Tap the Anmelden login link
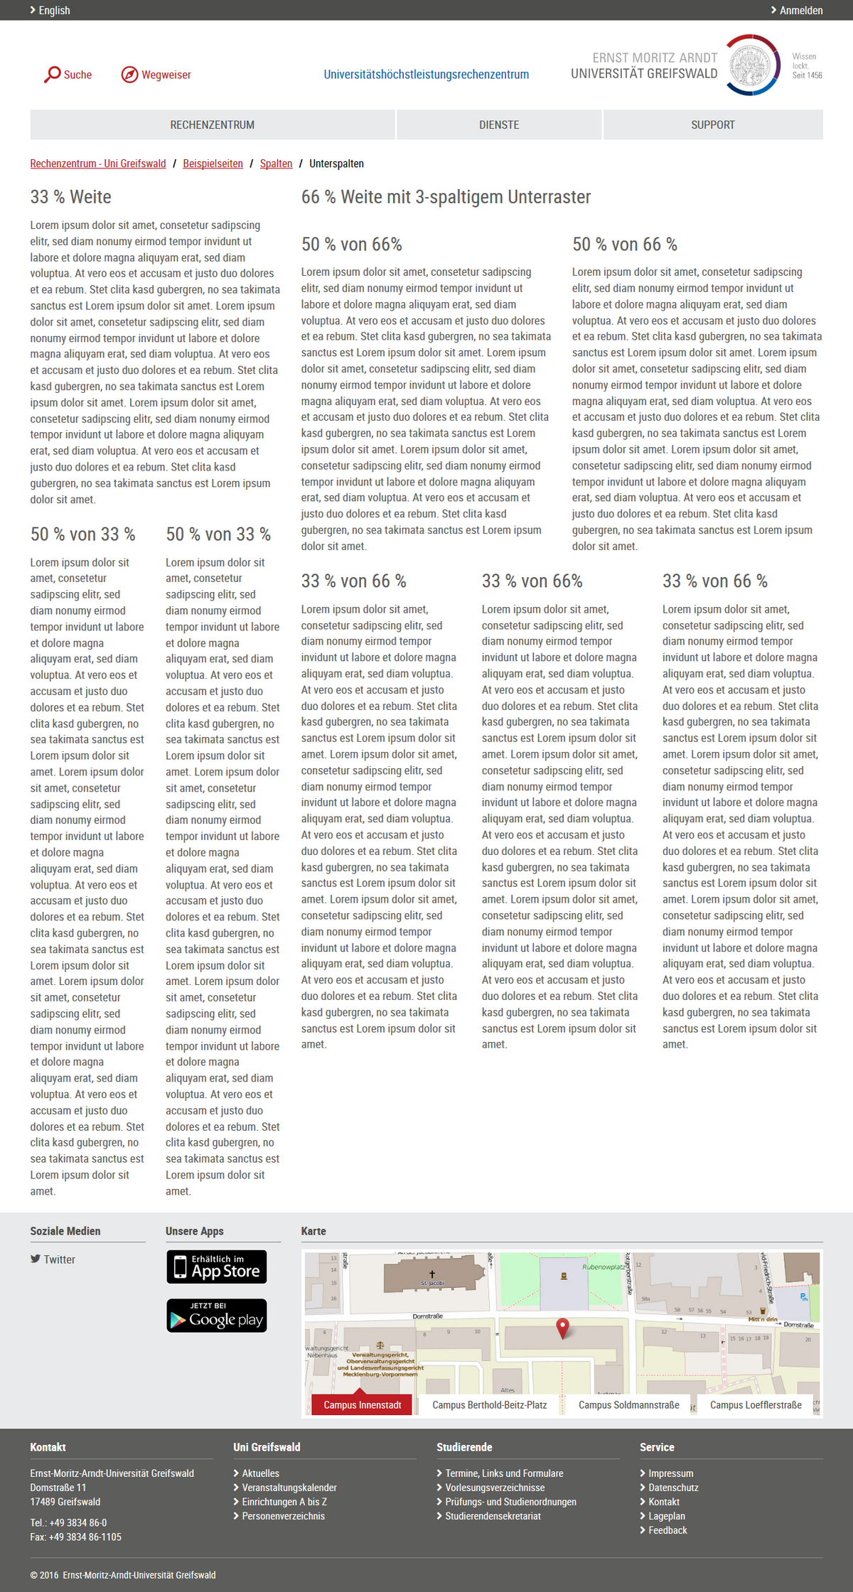[800, 11]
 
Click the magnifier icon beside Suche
[53, 75]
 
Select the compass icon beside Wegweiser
[129, 75]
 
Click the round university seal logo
[752, 65]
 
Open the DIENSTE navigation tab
[499, 125]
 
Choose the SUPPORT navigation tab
[713, 125]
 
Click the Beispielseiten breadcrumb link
[213, 163]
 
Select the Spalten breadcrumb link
[276, 163]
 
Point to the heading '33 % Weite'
[71, 197]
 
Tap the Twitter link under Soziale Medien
[59, 1259]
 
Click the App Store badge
[217, 1267]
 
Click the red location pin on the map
[562, 1327]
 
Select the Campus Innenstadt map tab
[362, 1405]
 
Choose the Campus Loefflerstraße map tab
[756, 1405]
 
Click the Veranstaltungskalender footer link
[289, 1488]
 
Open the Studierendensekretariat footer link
[493, 1516]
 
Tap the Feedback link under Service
[667, 1530]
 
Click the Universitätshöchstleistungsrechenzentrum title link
[426, 75]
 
